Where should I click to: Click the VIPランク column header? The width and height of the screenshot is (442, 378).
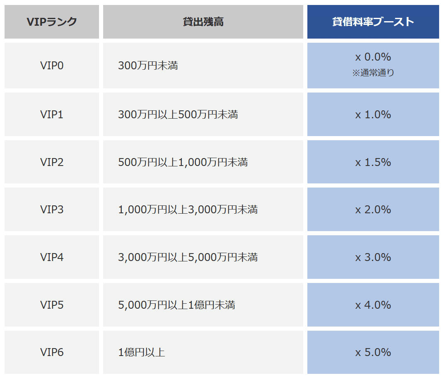tap(52, 22)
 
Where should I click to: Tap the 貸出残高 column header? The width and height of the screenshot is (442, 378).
tap(203, 22)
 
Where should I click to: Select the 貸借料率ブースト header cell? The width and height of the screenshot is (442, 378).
tap(373, 22)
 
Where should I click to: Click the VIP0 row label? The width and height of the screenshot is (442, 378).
tap(52, 66)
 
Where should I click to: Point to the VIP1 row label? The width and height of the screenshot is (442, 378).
tap(52, 115)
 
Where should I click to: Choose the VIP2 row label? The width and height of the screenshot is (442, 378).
tap(52, 162)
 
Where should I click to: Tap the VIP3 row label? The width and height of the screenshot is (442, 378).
tap(52, 210)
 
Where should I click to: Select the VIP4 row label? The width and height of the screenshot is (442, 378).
tap(52, 257)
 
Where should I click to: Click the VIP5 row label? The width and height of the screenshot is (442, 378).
tap(52, 305)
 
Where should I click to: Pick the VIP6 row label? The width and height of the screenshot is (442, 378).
tap(52, 352)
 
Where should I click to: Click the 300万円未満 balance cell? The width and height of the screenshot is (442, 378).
tap(148, 66)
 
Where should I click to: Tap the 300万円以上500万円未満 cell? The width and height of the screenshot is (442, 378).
tap(178, 115)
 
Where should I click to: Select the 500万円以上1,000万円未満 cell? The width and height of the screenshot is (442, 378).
tap(183, 162)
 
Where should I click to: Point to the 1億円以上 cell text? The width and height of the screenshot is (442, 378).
tap(141, 352)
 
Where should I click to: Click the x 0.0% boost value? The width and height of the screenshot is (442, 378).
tap(373, 57)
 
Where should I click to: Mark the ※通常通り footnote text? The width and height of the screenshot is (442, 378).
tap(373, 73)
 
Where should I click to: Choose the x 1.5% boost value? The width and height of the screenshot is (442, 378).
tap(373, 162)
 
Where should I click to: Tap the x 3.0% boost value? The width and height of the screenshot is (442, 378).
tap(373, 257)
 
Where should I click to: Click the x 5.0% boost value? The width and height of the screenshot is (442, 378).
tap(373, 352)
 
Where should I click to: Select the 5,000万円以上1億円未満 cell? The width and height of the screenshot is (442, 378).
tap(176, 305)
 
